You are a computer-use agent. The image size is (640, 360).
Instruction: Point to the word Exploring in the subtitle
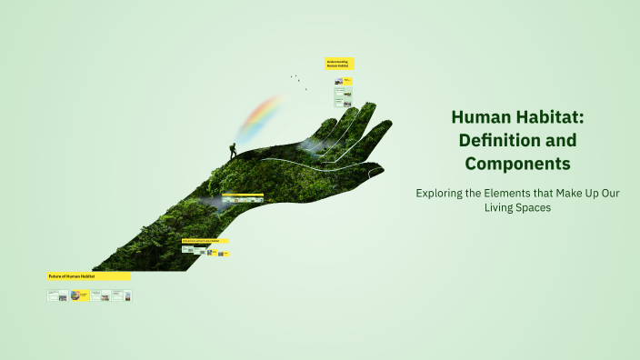click(441, 193)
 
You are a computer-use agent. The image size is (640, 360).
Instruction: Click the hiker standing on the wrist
click(233, 150)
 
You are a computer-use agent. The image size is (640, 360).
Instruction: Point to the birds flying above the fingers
click(298, 81)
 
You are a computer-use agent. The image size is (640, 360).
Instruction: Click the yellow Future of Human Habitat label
click(88, 275)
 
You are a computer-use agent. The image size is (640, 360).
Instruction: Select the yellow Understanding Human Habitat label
click(339, 65)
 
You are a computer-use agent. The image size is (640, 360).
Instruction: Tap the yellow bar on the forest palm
click(243, 194)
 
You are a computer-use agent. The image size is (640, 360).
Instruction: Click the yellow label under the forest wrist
click(205, 241)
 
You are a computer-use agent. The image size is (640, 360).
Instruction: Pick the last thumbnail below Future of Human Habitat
click(127, 295)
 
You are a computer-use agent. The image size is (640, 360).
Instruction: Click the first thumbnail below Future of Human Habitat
click(57, 295)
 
